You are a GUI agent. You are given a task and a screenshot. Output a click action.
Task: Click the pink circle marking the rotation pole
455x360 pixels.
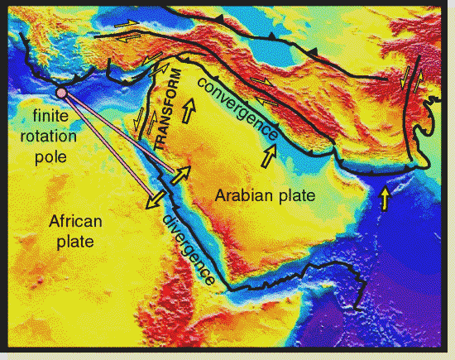point(60,93)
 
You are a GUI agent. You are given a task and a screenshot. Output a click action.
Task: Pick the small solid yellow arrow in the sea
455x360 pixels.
point(384,198)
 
